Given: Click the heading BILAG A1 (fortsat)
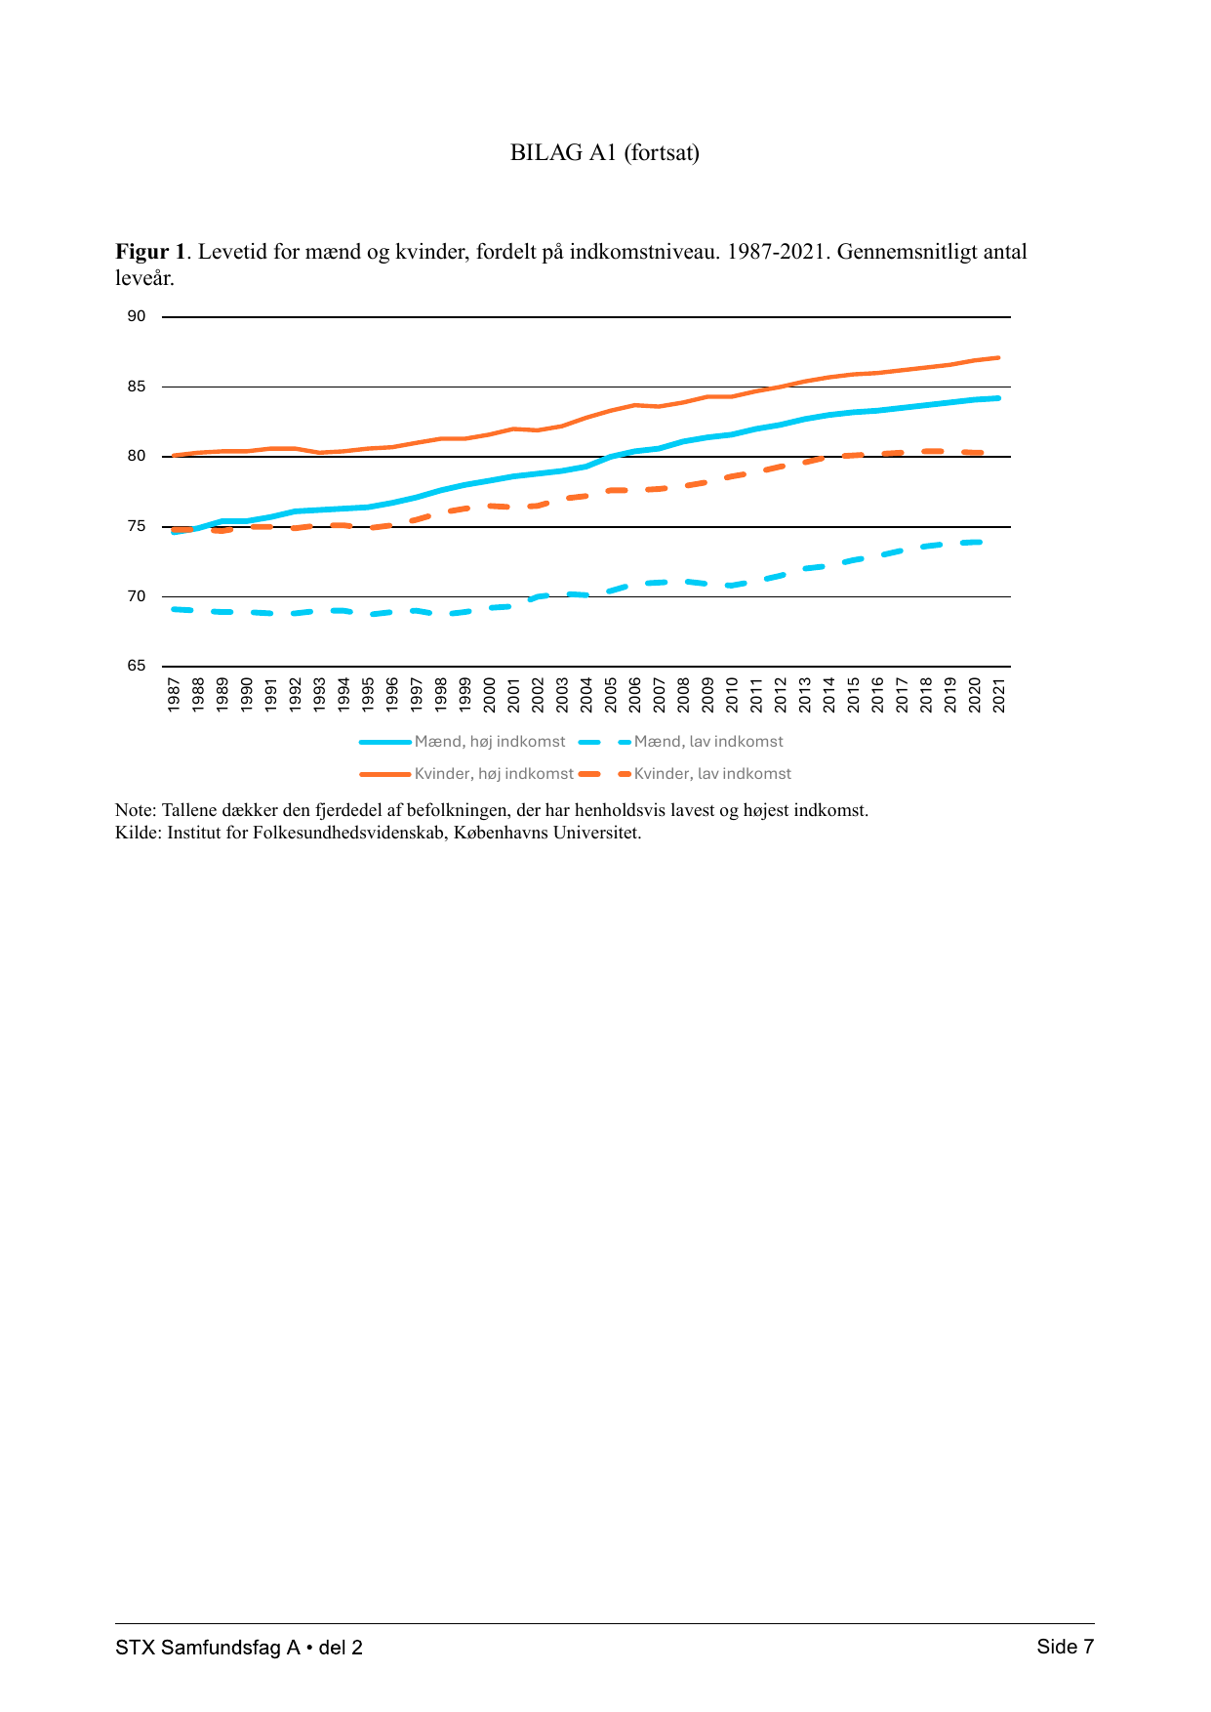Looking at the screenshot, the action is coord(605,152).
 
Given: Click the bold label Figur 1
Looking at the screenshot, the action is coord(150,252).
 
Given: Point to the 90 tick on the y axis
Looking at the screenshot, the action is coord(137,316).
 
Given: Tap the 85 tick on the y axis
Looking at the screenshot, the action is coord(137,387).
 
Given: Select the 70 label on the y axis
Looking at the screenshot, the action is coord(137,596).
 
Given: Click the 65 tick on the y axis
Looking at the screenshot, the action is coord(137,666).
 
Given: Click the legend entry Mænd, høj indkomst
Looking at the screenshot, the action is coord(463,742).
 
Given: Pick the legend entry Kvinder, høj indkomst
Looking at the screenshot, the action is coord(466,774).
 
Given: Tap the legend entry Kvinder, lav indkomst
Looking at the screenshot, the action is coord(685,774).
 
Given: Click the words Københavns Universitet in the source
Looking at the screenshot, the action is coord(547,833).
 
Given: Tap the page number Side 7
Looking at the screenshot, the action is coord(1066,1648).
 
